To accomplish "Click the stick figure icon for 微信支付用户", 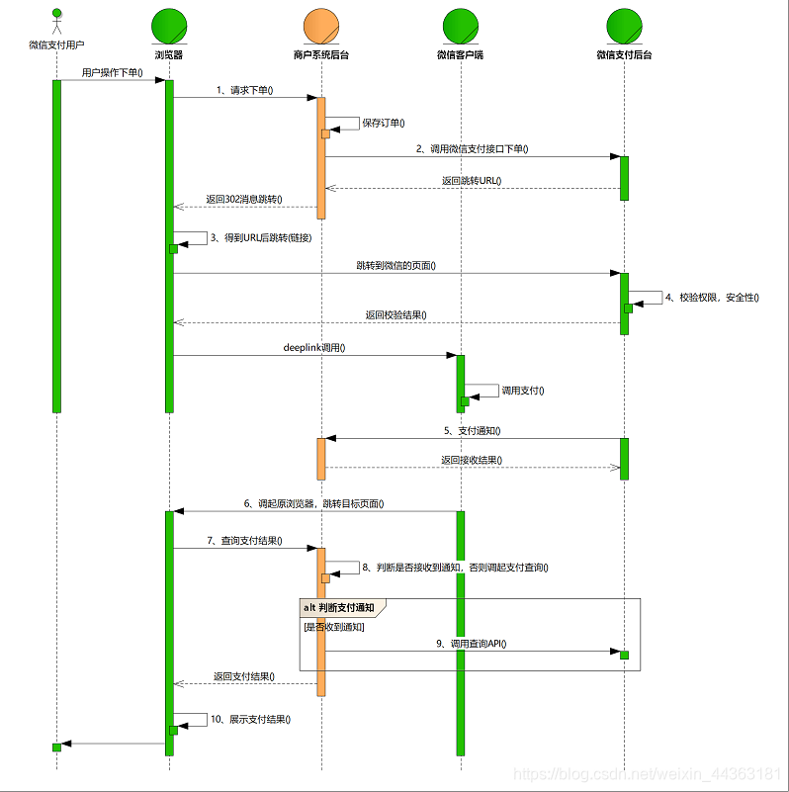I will [x=56, y=23].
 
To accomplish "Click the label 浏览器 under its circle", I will [x=169, y=55].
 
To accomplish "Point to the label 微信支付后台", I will [x=624, y=55].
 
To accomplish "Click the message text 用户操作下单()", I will [x=112, y=72].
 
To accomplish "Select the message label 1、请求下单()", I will [x=244, y=90].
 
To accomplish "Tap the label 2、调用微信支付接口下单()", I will [x=473, y=148].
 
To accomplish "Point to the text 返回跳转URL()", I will [x=472, y=181].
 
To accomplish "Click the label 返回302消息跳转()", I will [x=244, y=199].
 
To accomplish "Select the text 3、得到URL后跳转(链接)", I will [x=261, y=237].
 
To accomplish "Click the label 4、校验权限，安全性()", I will [x=712, y=296].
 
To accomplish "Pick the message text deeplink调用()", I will [x=313, y=347].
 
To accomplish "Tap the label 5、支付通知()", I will [x=473, y=431].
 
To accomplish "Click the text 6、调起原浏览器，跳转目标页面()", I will [x=313, y=503].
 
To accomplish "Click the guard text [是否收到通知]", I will [x=333, y=627].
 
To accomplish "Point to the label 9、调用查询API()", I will [x=472, y=644].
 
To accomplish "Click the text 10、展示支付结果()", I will [x=249, y=719].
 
